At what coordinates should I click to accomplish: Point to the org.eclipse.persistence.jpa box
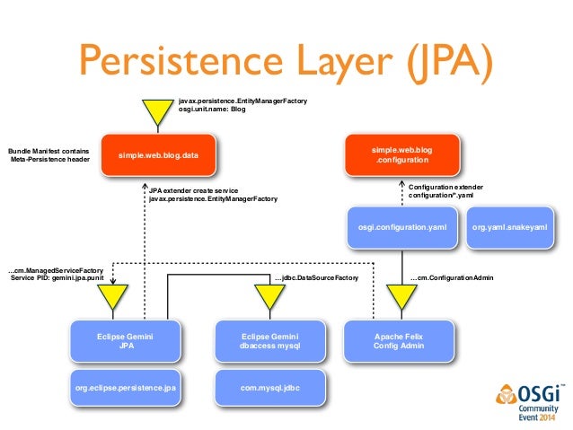(125, 390)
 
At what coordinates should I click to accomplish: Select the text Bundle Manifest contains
(48, 151)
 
